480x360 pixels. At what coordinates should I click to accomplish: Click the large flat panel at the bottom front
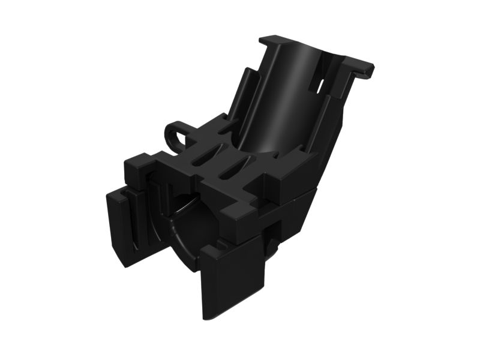tap(231, 276)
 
